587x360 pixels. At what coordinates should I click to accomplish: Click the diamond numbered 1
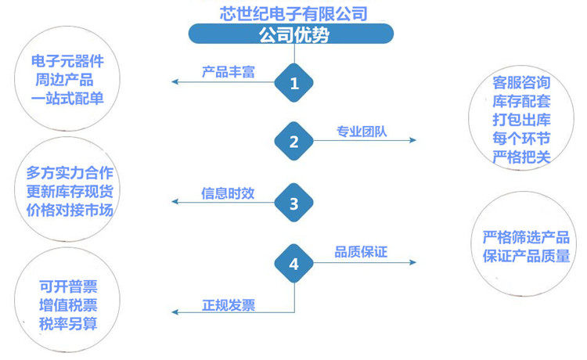[293, 83]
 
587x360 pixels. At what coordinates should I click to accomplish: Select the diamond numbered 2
[293, 141]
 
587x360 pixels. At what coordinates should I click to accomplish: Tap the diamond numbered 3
[293, 203]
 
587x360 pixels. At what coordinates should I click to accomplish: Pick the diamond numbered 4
[293, 264]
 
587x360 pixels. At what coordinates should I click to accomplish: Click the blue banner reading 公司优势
[291, 34]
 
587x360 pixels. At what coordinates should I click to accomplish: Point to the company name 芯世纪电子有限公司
[293, 13]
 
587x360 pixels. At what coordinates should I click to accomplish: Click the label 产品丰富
[229, 71]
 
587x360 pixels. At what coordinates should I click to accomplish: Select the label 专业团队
[362, 131]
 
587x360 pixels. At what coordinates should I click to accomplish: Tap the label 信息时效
[228, 193]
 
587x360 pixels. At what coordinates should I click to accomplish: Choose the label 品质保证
[361, 252]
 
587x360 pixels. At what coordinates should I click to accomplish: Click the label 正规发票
[229, 305]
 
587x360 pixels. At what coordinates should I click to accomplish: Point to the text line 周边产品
[64, 80]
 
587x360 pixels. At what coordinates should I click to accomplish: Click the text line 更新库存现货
[70, 191]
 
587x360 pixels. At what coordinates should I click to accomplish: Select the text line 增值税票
[68, 305]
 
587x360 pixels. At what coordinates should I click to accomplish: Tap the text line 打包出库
[521, 120]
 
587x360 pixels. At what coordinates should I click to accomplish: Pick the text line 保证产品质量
[527, 256]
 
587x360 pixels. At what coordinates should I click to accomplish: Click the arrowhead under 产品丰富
[175, 81]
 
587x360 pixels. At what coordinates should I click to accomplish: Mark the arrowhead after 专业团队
[413, 140]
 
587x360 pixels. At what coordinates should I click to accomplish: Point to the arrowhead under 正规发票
[175, 311]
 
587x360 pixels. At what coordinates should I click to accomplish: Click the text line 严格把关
[521, 157]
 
